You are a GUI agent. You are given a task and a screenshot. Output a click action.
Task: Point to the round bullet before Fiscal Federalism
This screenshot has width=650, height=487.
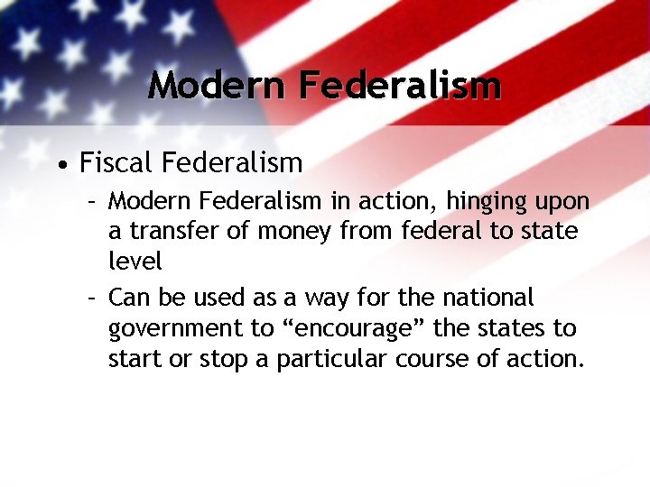pyautogui.click(x=60, y=165)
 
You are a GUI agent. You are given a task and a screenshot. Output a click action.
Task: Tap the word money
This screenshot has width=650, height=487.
pyautogui.click(x=294, y=232)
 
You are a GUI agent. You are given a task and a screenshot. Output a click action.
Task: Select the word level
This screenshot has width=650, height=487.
pyautogui.click(x=135, y=262)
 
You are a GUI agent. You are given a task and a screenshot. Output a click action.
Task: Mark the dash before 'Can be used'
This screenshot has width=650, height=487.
pyautogui.click(x=93, y=298)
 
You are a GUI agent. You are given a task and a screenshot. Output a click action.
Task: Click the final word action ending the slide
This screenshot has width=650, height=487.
pyautogui.click(x=550, y=359)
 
